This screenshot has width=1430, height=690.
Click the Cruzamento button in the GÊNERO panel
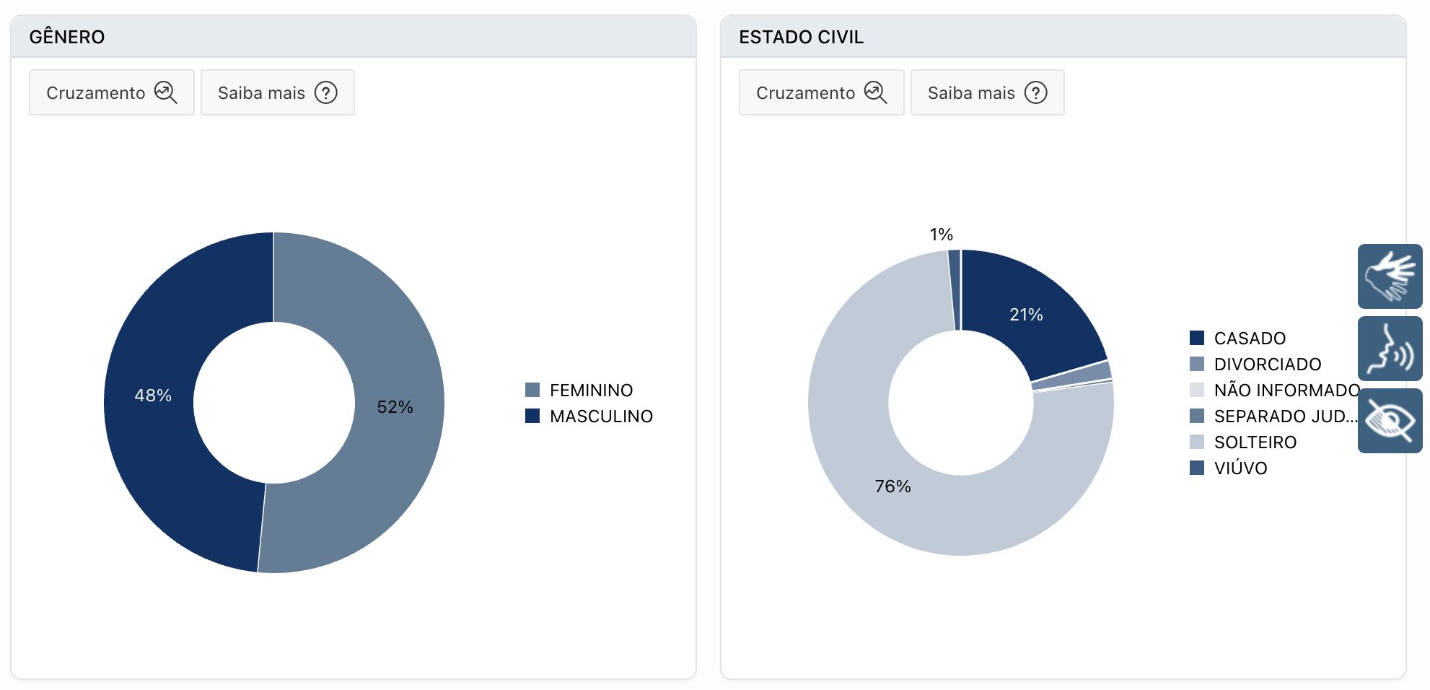(x=112, y=93)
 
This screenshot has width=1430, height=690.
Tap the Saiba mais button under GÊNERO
(x=277, y=93)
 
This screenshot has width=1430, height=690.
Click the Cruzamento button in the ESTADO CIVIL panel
(x=821, y=93)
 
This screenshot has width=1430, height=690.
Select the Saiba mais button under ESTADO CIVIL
(x=987, y=93)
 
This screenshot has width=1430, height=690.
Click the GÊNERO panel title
(x=67, y=37)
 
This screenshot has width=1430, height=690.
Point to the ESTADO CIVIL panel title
(x=801, y=37)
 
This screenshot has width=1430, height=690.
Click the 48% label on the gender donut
(x=153, y=396)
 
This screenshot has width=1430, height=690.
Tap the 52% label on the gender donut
(x=395, y=407)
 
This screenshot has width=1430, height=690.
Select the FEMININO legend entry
(x=590, y=390)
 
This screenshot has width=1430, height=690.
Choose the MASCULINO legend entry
(x=600, y=416)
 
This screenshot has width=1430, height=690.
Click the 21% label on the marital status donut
(x=1026, y=315)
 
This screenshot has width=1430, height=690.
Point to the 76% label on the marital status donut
(x=892, y=486)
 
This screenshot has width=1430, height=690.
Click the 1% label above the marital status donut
(x=941, y=235)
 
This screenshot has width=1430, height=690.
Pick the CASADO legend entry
(x=1249, y=339)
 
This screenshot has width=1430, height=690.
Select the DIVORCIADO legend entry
(x=1267, y=364)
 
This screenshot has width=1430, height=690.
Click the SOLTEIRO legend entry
(x=1255, y=442)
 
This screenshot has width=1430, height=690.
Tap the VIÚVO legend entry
(x=1240, y=468)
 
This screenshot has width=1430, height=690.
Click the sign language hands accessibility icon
(x=1390, y=276)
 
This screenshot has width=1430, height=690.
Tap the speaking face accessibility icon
(x=1390, y=349)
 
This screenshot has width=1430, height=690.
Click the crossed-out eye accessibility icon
(x=1390, y=421)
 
